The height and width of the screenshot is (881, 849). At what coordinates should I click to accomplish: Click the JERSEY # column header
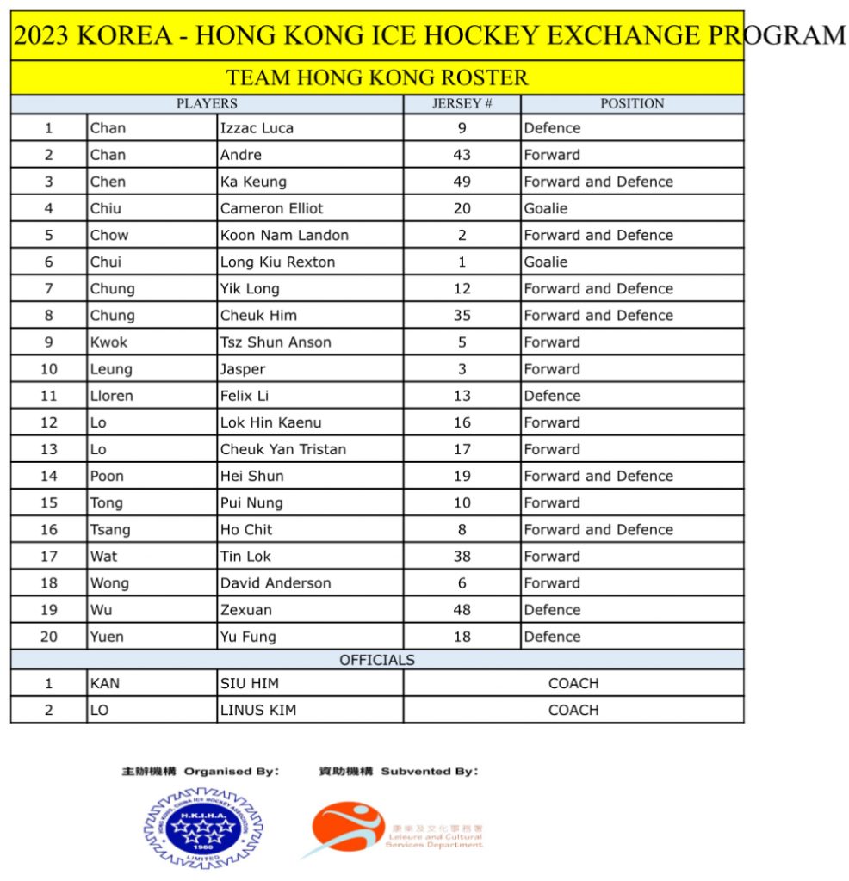tap(462, 103)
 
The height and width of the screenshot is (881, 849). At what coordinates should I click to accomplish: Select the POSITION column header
tap(632, 103)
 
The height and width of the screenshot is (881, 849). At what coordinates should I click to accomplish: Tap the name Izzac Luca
tap(257, 128)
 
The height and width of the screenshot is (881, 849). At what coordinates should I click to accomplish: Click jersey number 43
tap(462, 155)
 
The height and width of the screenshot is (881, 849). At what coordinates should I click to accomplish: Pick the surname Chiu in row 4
tap(106, 208)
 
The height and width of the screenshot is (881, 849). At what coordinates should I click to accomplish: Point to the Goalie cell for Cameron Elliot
tap(546, 208)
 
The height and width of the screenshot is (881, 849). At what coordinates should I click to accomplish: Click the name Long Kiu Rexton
tap(277, 262)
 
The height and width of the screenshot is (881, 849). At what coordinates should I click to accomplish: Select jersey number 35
tap(462, 315)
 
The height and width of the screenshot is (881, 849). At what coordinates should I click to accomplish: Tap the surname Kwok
tap(108, 342)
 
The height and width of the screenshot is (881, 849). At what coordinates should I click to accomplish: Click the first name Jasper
tap(243, 369)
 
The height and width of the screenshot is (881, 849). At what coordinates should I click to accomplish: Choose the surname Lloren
tap(112, 396)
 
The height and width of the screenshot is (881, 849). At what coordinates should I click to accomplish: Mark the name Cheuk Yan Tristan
tap(283, 449)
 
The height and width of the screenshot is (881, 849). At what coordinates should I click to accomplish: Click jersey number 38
tap(462, 556)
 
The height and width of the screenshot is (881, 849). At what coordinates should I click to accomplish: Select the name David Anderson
tap(276, 583)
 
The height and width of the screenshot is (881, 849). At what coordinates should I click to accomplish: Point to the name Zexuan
tap(246, 610)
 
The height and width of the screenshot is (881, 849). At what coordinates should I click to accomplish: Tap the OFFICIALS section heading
tap(376, 660)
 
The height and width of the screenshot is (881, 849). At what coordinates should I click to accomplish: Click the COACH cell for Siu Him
tap(573, 683)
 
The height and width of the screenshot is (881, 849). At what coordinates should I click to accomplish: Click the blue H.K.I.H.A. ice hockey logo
tap(203, 827)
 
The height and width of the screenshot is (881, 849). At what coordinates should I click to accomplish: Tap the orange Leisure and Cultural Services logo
tap(349, 828)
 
